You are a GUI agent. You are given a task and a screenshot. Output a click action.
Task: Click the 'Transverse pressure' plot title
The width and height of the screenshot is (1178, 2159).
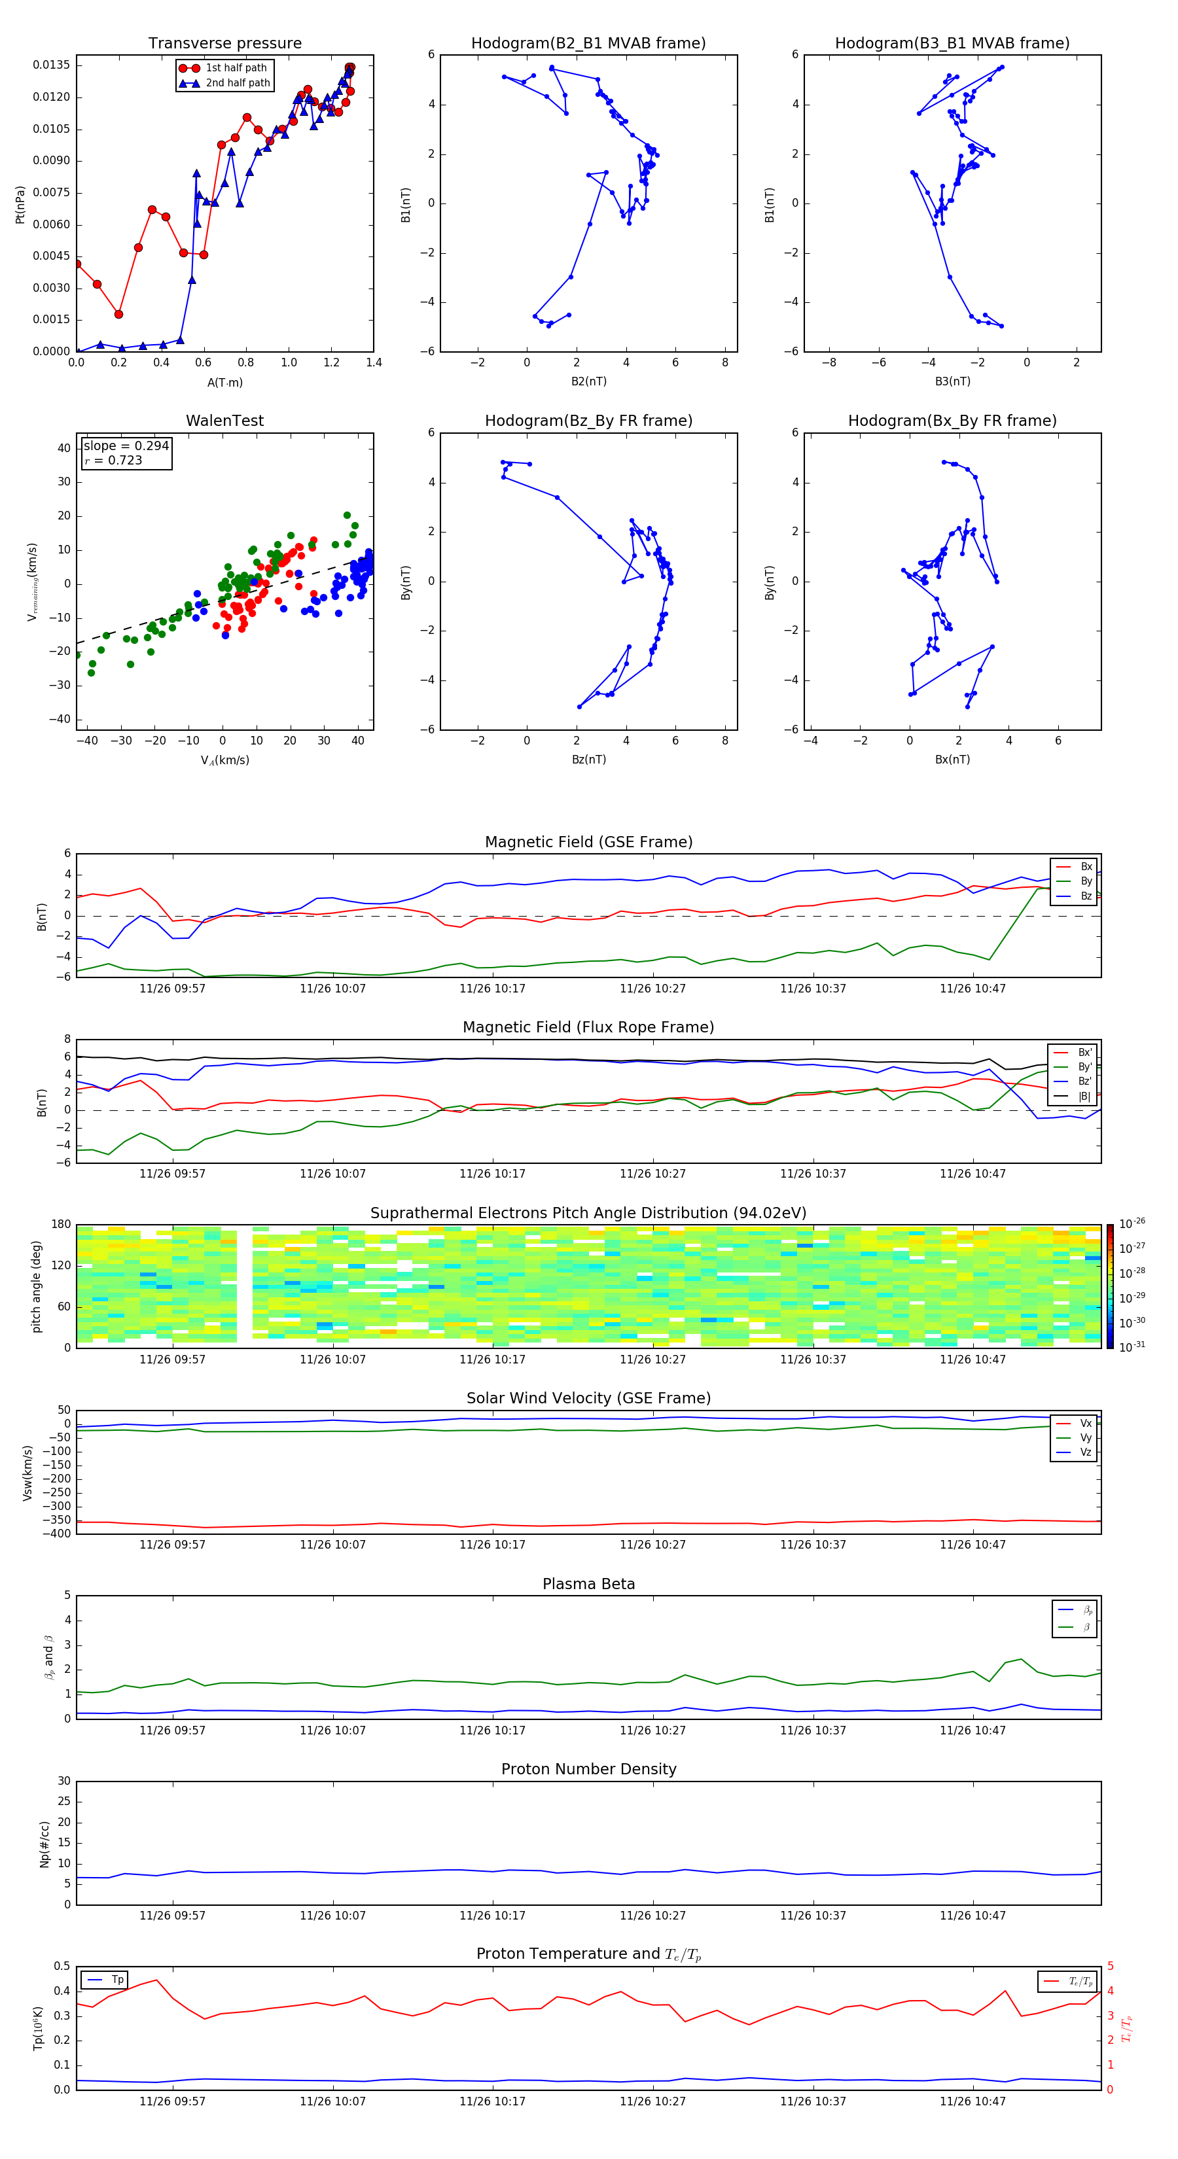coord(224,44)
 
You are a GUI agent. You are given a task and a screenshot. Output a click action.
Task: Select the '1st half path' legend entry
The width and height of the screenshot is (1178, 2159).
coord(236,68)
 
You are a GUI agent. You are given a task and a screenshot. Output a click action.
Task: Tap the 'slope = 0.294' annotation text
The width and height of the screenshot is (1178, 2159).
coord(126,446)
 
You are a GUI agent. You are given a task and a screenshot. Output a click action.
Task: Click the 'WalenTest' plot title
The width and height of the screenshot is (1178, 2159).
coord(224,421)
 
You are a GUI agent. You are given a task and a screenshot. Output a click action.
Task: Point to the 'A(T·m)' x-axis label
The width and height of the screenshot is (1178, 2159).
coord(224,383)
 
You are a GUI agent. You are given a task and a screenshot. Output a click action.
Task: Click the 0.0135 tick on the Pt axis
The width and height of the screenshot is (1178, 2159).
coord(51,65)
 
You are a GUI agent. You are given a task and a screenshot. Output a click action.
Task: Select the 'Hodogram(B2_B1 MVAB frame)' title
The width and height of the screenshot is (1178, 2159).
coord(588,44)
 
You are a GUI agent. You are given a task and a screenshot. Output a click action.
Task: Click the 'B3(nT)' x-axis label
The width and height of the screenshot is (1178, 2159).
coord(952,381)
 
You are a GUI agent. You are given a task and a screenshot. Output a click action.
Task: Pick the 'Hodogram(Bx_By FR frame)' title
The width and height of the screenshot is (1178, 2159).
coord(952,421)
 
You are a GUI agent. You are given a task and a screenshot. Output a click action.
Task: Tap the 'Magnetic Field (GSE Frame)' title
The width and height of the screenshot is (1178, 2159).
coord(588,842)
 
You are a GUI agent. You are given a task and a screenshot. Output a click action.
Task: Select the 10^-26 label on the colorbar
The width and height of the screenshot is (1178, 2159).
coord(1132,1223)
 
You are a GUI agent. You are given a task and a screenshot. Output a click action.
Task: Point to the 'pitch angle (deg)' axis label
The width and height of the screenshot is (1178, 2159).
coord(36,1286)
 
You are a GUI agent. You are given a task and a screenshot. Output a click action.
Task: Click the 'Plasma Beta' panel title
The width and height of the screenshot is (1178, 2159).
coord(588,1584)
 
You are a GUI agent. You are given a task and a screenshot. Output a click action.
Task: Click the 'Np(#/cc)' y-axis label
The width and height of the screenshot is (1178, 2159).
coord(45,1844)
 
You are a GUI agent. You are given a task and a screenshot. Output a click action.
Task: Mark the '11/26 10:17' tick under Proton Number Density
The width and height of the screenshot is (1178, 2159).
coord(492,1915)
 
